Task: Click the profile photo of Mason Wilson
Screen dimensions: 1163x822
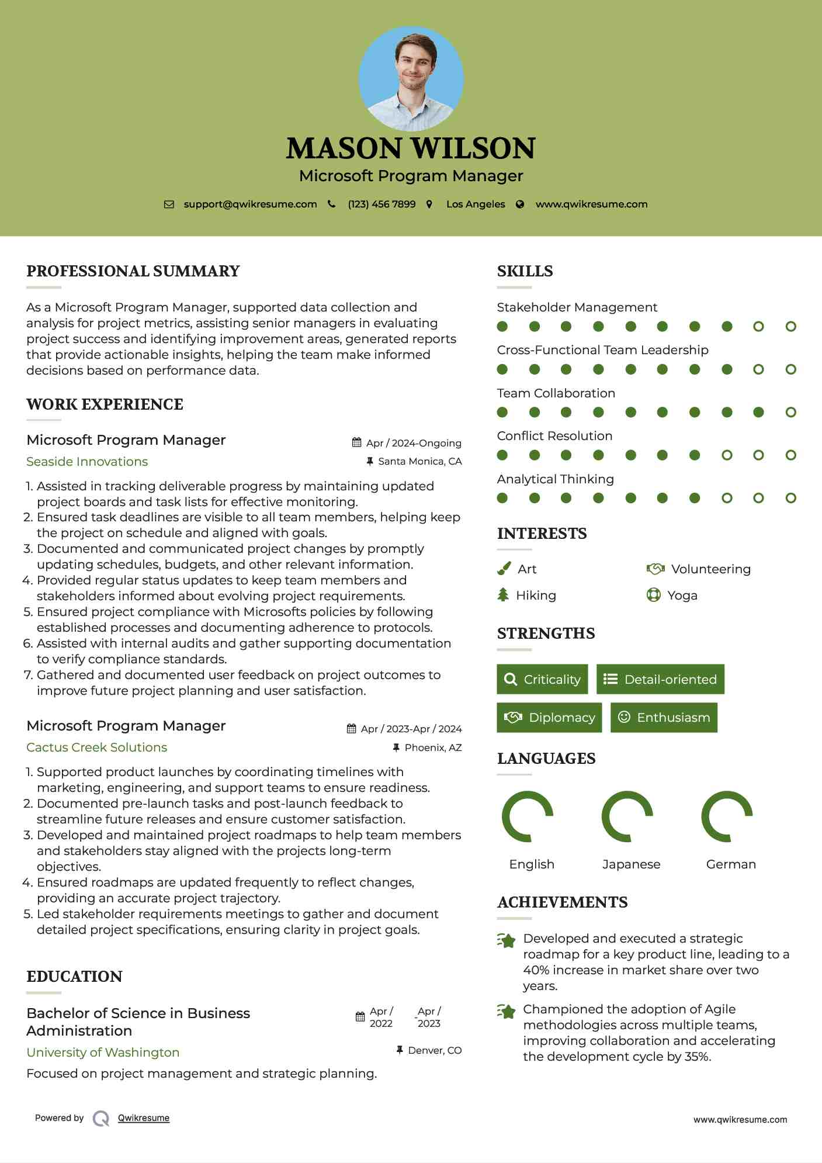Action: coord(411,78)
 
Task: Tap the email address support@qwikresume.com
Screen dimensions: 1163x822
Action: coord(250,204)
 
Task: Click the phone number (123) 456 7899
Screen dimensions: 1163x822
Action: coord(381,204)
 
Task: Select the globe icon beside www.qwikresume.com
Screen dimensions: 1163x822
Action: coord(520,204)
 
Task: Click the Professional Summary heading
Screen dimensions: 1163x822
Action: coord(133,271)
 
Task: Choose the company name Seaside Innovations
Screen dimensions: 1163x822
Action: coord(87,462)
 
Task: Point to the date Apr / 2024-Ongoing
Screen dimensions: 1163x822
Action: coord(413,443)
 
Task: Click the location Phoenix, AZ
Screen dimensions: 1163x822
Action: coord(433,747)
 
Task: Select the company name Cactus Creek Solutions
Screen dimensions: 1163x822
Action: coord(96,747)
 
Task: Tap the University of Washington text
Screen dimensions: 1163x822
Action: coord(103,1053)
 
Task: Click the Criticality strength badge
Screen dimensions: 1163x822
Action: coord(542,679)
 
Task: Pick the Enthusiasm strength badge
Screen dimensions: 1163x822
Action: coord(664,717)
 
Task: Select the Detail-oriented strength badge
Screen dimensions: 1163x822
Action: coord(660,679)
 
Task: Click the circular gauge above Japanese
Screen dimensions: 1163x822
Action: coord(627,816)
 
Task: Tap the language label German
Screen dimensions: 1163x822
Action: coord(731,864)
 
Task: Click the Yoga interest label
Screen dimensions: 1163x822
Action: coord(682,596)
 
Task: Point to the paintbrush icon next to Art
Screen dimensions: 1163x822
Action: coord(504,569)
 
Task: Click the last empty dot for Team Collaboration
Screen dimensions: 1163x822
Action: coord(790,413)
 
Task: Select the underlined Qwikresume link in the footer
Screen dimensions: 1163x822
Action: coord(144,1118)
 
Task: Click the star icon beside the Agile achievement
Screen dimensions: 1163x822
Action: coord(507,1011)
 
